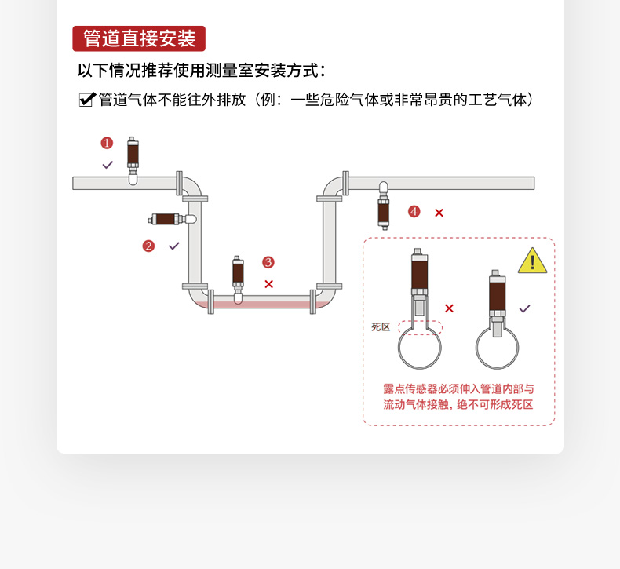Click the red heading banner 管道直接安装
(x=139, y=38)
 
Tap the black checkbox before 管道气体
(x=87, y=100)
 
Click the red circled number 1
(x=107, y=143)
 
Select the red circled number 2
(x=148, y=246)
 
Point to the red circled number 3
(x=268, y=262)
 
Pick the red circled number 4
(x=414, y=212)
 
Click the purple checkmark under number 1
(x=108, y=165)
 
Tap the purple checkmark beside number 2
(x=174, y=246)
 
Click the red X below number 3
(x=269, y=284)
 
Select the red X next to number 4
(x=439, y=213)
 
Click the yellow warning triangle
(x=532, y=261)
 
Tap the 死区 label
(x=381, y=326)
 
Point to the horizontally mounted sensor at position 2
(x=172, y=219)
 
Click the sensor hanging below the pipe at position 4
(x=383, y=206)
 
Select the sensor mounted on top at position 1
(x=133, y=161)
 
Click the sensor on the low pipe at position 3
(x=238, y=279)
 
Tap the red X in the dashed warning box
(x=449, y=308)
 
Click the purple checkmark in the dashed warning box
(x=525, y=308)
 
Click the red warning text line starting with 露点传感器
(x=458, y=389)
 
